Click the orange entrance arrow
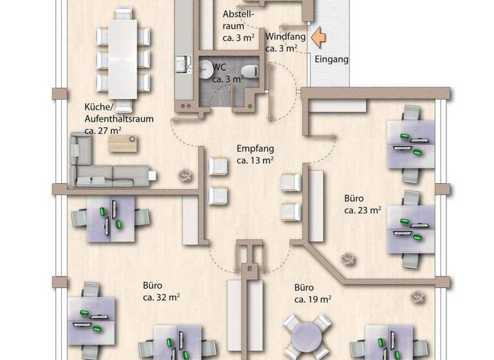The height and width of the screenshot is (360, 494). tap(318, 37)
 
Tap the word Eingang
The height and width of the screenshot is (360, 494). tap(332, 60)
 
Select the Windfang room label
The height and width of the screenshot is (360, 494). tap(285, 42)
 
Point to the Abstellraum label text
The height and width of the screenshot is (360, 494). tap(239, 20)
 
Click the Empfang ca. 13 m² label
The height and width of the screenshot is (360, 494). tap(255, 154)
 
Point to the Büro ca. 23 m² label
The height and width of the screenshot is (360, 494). tap(363, 204)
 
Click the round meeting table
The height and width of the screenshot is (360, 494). tap(309, 337)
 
